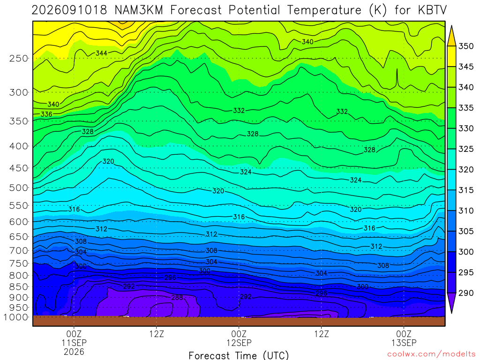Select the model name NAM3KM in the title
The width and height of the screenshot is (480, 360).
(x=139, y=10)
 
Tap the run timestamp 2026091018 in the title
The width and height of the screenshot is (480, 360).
(x=69, y=10)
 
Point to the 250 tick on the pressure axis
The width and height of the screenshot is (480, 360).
(x=19, y=58)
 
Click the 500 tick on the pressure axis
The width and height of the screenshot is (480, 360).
(x=19, y=187)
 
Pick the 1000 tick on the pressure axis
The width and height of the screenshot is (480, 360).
(x=16, y=317)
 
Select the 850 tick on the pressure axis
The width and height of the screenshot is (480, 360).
(x=19, y=287)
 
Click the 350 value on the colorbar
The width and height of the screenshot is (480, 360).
(x=466, y=46)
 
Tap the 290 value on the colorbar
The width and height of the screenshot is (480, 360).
(x=466, y=293)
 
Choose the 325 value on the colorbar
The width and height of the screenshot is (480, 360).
(x=466, y=149)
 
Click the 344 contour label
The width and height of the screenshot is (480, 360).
(x=101, y=53)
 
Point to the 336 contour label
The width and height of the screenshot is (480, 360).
(x=46, y=114)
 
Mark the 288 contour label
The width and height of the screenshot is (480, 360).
(x=177, y=297)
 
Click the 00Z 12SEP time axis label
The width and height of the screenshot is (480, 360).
(x=239, y=338)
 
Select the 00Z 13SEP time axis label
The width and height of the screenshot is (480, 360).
(x=404, y=338)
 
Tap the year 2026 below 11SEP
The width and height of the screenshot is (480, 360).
(x=74, y=352)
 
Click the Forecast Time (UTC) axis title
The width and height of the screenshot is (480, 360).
(x=239, y=355)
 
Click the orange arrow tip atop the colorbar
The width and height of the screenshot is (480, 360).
(x=451, y=26)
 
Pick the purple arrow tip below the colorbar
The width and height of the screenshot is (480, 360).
(x=451, y=313)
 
